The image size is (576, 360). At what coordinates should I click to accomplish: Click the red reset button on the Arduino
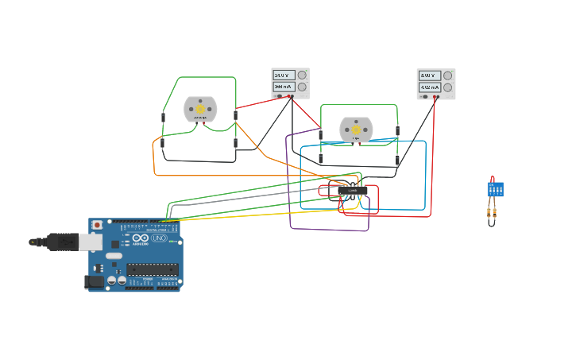point(97,225)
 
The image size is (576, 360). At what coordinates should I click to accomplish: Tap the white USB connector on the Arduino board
point(90,242)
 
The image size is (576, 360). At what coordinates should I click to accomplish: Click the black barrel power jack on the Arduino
point(95,281)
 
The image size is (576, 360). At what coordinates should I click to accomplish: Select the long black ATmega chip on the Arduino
point(153,269)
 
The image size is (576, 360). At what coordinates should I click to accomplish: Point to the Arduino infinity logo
point(140,238)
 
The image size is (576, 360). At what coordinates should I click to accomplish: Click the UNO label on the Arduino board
point(158,238)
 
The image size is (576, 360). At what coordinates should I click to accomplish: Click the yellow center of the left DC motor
point(200,109)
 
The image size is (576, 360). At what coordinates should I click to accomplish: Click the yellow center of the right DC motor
point(356,130)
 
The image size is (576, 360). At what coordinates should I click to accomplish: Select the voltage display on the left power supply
point(284,75)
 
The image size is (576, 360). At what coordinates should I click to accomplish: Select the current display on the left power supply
point(284,87)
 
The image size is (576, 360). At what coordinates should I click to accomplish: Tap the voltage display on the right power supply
point(430,76)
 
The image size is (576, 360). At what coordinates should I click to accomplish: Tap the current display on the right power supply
point(430,87)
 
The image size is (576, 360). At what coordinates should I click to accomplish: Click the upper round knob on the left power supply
point(302,75)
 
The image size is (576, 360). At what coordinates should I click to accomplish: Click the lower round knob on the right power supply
point(448,87)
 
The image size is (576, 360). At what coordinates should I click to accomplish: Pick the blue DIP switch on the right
point(495,190)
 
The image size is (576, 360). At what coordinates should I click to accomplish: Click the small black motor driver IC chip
point(352,191)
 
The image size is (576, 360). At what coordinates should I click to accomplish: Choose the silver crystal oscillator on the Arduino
point(114,256)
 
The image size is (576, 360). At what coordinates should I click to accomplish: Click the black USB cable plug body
point(62,242)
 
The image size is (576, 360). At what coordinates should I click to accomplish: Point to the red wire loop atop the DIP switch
point(493,179)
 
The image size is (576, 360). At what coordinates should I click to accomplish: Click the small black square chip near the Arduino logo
point(115,244)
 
